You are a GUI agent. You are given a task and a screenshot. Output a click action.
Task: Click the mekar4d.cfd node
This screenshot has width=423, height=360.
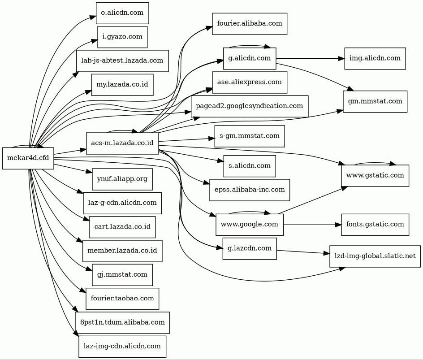[28, 158]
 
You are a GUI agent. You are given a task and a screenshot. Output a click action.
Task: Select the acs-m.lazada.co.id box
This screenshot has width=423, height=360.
[122, 143]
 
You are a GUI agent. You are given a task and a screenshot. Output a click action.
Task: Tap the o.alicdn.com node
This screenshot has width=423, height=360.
[122, 13]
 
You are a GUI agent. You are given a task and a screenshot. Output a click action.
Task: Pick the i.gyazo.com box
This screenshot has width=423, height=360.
[122, 37]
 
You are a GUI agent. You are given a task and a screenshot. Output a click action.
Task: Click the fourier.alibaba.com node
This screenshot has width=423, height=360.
[250, 24]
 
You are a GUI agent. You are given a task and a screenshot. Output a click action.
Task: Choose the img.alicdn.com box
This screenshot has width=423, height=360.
[375, 58]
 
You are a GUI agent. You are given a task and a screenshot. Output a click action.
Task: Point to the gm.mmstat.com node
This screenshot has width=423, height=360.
[375, 101]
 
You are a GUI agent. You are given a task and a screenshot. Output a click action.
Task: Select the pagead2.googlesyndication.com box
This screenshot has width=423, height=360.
[250, 106]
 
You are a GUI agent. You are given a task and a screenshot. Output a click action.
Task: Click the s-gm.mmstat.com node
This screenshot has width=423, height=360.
[250, 135]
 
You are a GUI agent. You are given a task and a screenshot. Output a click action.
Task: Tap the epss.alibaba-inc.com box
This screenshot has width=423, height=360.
[250, 190]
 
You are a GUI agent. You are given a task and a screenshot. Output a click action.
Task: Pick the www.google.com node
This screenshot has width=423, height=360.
[250, 224]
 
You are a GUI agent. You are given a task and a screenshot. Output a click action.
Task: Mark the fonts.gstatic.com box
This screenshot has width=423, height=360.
[375, 224]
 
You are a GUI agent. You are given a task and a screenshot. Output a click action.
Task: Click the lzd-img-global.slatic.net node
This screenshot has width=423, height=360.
[375, 256]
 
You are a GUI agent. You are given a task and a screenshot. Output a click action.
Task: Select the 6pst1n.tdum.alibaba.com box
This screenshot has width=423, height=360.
[122, 322]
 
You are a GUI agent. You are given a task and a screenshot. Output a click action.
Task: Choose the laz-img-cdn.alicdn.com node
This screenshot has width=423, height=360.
[122, 346]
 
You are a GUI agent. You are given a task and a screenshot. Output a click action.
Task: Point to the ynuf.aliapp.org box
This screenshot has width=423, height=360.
[122, 179]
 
